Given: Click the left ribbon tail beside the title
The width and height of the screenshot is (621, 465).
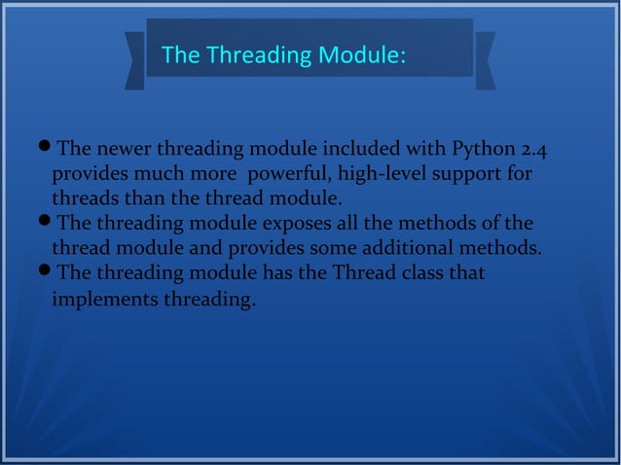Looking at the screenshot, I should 134,60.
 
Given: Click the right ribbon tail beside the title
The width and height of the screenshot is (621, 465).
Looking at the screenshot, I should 485,60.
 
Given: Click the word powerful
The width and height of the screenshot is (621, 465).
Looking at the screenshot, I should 286,176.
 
